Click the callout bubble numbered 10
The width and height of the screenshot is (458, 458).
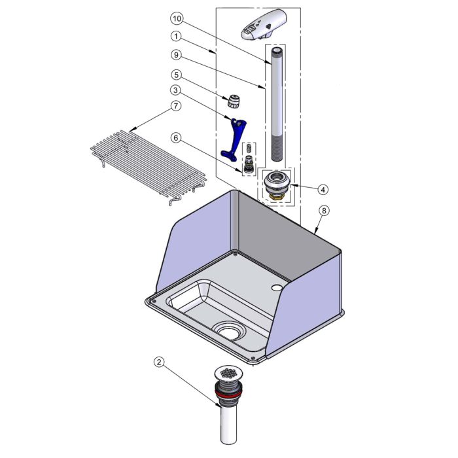click(x=177, y=19)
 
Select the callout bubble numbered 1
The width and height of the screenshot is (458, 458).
click(x=176, y=37)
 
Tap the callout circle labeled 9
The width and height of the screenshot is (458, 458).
click(x=176, y=55)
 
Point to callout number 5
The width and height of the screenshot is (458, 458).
click(x=176, y=75)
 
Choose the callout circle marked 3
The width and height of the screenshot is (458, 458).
click(x=175, y=90)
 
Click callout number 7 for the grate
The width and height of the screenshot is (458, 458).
click(x=175, y=105)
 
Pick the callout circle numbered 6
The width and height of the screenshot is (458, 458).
click(x=176, y=137)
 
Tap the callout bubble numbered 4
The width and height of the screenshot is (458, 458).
click(x=323, y=190)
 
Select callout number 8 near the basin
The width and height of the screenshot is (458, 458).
click(x=324, y=211)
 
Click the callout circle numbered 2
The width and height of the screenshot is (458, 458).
click(x=159, y=362)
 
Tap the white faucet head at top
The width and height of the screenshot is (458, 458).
click(x=264, y=25)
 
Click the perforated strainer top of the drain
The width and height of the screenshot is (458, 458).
click(x=229, y=373)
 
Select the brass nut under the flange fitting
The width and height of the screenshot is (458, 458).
click(x=275, y=197)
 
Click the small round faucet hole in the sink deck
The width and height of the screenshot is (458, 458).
click(x=275, y=288)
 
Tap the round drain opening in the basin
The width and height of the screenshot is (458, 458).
click(x=229, y=332)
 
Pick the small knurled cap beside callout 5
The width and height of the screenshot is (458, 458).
click(x=234, y=101)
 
